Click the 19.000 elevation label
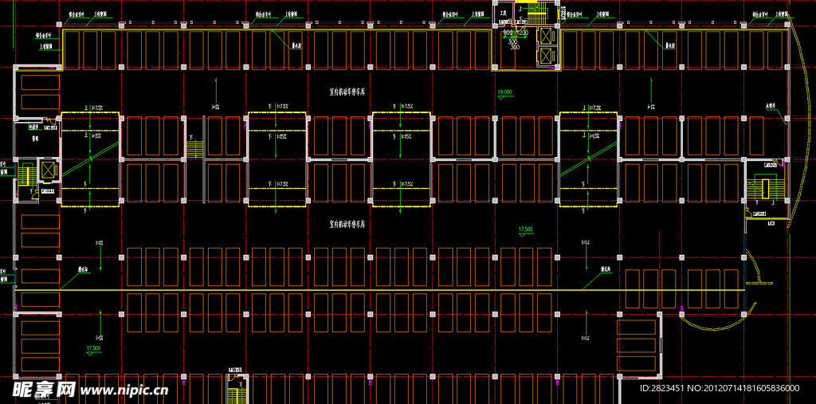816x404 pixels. [504, 92]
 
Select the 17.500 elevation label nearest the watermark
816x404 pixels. [93, 348]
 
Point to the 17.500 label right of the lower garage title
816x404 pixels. [525, 229]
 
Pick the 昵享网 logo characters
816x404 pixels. [43, 389]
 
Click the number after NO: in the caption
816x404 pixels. [751, 388]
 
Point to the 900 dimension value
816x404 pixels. [507, 33]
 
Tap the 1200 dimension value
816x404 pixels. [522, 33]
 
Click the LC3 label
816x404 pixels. [771, 224]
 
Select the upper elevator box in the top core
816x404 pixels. [546, 36]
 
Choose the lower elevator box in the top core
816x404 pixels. [546, 56]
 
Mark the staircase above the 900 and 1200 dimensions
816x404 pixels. [533, 13]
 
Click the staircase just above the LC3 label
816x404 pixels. [763, 190]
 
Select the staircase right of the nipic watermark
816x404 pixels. [236, 390]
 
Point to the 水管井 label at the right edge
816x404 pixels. [771, 104]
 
